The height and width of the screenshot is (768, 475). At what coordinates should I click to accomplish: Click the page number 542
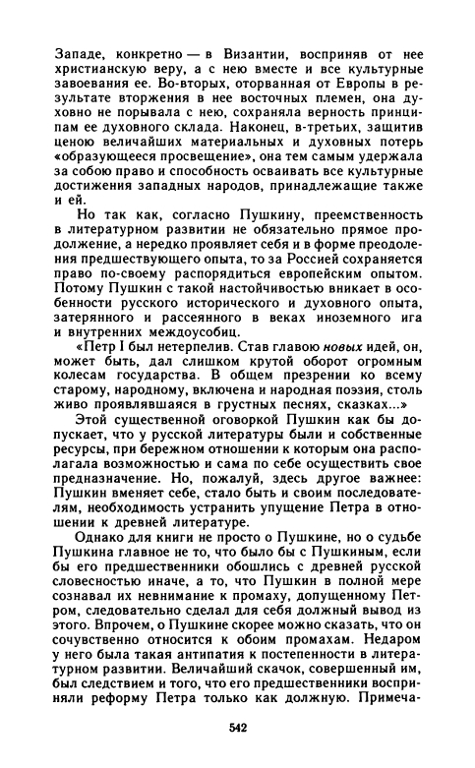click(x=236, y=729)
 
